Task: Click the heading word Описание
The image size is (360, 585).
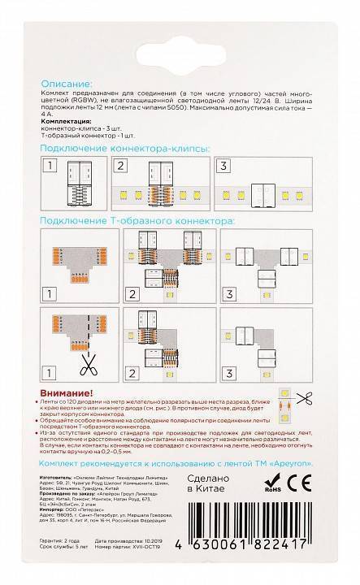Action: tap(66, 84)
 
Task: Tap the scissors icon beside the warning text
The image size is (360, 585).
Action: tap(305, 398)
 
